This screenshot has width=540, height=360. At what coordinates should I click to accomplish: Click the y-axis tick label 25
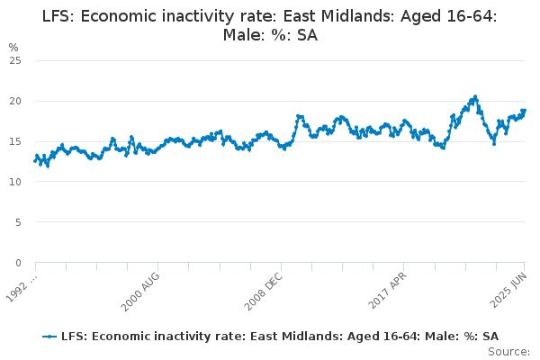14,60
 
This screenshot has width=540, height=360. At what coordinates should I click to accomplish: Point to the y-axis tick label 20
14,101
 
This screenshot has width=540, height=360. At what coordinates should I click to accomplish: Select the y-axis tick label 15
14,141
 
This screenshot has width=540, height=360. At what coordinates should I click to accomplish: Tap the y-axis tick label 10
14,182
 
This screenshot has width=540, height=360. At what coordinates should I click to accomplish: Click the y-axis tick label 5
17,222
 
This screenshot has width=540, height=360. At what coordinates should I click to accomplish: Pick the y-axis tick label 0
17,263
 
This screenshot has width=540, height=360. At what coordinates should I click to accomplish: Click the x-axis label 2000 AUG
142,288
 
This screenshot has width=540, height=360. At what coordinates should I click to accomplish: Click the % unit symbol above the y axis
13,47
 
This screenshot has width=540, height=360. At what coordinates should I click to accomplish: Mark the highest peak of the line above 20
475,96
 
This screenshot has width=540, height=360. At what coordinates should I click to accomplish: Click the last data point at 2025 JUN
525,111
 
